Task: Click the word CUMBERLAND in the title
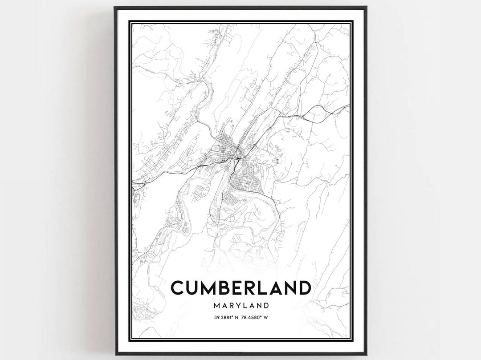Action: [240, 288]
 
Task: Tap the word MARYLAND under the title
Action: [240, 306]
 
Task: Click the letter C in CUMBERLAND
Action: [177, 288]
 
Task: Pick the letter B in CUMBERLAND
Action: [224, 288]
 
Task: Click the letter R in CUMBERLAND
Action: [249, 288]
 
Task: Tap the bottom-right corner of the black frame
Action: [366, 354]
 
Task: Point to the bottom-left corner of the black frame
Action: [115, 354]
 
